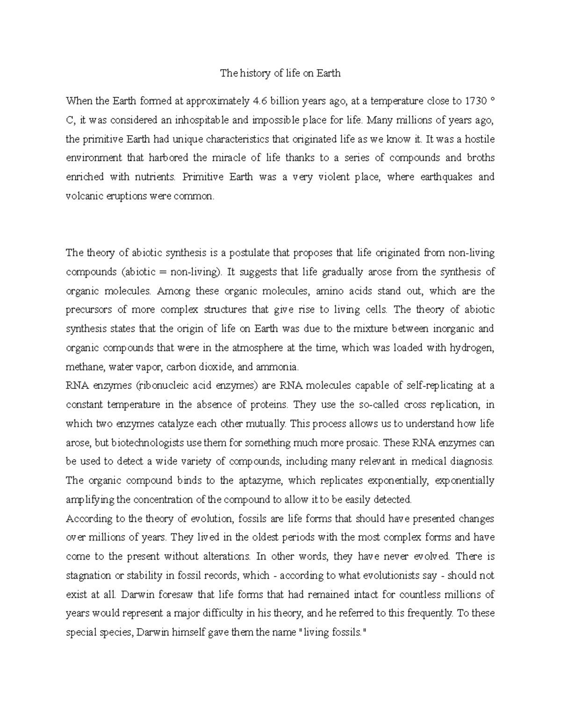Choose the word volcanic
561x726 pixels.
(82, 196)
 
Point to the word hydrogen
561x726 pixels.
(473, 348)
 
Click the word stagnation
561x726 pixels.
(88, 575)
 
